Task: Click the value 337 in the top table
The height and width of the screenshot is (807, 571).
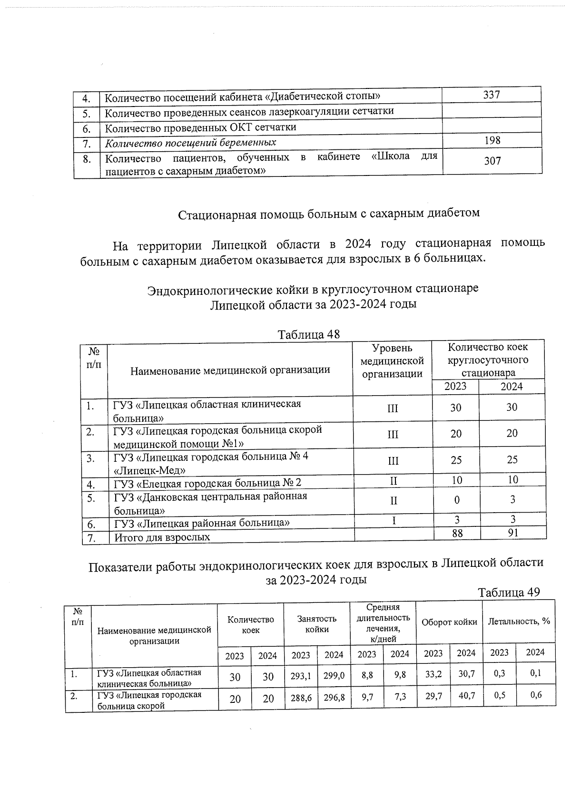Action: coord(491,95)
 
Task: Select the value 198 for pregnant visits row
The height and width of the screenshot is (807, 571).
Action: coord(492,140)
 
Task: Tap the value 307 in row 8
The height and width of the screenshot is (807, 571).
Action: coord(492,161)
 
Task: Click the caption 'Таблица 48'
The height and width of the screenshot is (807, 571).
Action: coord(309,334)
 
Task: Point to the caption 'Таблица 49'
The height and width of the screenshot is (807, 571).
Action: coord(509,593)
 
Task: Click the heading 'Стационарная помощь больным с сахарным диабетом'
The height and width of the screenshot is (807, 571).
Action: coord(329,214)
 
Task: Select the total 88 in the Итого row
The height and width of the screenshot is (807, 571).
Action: coord(457,534)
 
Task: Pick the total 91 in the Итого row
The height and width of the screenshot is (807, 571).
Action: coord(512,533)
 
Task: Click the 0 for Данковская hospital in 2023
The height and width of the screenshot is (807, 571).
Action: coord(457,500)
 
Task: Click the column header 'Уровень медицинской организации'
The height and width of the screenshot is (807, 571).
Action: coord(392,361)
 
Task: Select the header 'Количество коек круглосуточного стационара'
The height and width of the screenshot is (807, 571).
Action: coord(488,360)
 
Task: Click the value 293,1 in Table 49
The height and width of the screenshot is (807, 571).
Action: coord(301,676)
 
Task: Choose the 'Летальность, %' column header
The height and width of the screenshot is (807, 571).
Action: coord(519,622)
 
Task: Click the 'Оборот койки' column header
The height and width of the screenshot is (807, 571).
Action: coord(449,622)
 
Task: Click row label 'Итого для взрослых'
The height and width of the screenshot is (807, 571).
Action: coord(162,538)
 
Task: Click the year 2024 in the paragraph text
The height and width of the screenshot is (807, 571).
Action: coord(361,244)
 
